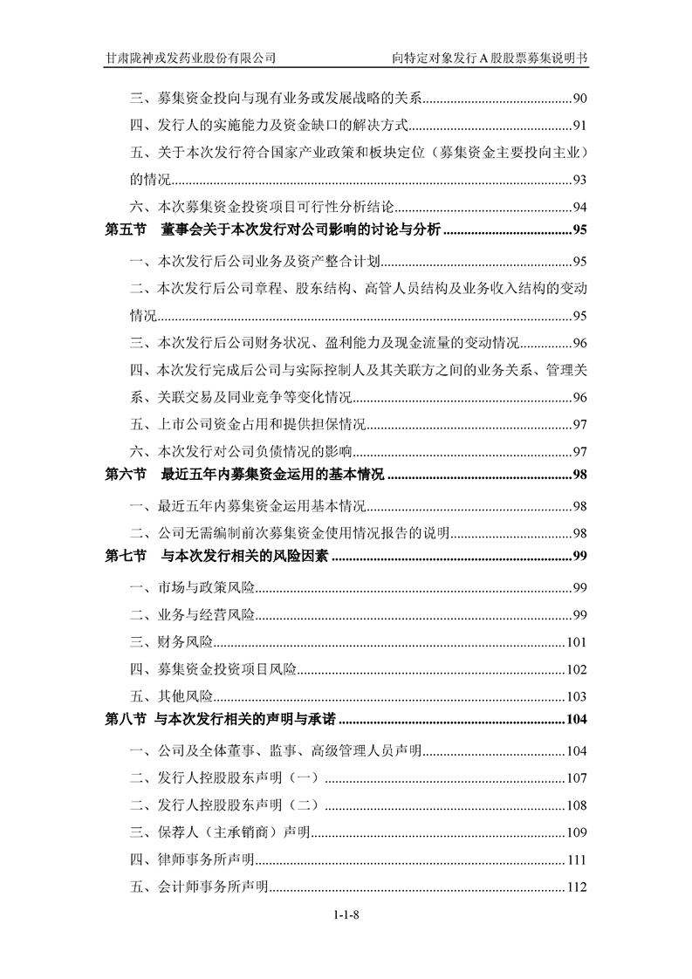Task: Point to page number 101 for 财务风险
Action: (x=576, y=644)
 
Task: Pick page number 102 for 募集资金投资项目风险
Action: (x=576, y=671)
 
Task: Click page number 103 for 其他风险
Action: (x=576, y=697)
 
